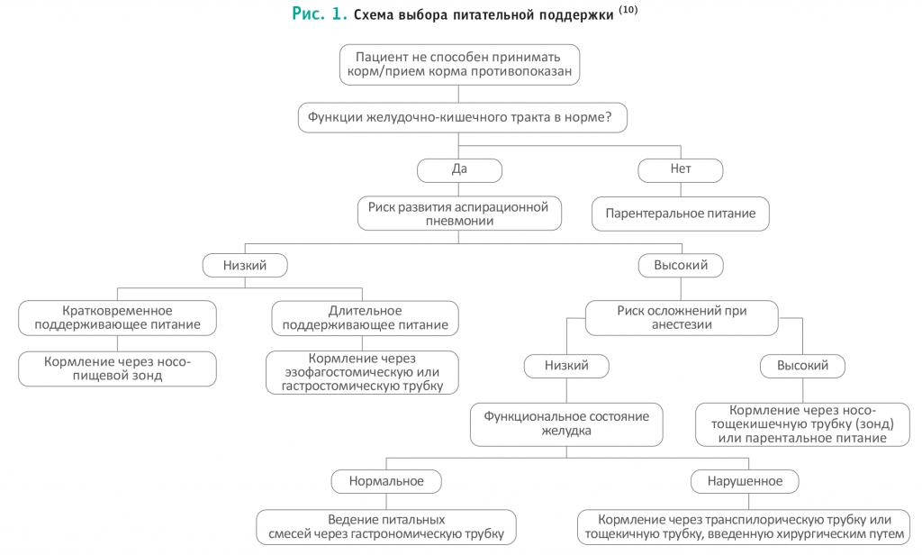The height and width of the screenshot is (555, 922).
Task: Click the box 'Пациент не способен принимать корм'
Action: pyautogui.click(x=459, y=65)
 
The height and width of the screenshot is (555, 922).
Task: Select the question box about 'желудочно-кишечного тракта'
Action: pyautogui.click(x=462, y=118)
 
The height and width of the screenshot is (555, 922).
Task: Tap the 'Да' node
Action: pyautogui.click(x=459, y=170)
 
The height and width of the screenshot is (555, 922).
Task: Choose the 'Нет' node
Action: pyautogui.click(x=681, y=170)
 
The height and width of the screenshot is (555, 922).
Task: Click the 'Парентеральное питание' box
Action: pyautogui.click(x=681, y=214)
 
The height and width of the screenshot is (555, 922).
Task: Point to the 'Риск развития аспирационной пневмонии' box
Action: pyautogui.click(x=459, y=214)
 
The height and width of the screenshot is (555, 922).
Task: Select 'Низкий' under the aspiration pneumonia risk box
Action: pyautogui.click(x=245, y=266)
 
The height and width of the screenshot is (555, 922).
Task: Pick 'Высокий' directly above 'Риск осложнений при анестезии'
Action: pyautogui.click(x=681, y=266)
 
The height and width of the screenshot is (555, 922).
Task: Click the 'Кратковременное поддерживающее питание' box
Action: pyautogui.click(x=117, y=318)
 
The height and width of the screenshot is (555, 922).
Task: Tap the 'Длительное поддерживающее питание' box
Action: pyautogui.click(x=365, y=318)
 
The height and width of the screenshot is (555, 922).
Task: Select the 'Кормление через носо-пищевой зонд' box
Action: pyautogui.click(x=117, y=369)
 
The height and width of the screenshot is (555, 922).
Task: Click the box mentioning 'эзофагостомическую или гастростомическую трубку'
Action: pyautogui.click(x=362, y=372)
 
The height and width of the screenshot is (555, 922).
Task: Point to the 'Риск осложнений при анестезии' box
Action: pyautogui.click(x=682, y=318)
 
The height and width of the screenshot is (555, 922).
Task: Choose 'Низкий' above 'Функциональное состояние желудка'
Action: pyautogui.click(x=566, y=366)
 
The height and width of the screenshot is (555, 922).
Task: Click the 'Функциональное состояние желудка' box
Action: pyautogui.click(x=566, y=424)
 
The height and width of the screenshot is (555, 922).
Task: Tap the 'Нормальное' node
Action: pyautogui.click(x=386, y=481)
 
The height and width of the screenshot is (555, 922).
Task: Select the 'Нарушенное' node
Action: pyautogui.click(x=745, y=481)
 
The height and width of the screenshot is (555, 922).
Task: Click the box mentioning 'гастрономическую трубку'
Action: pyautogui.click(x=386, y=527)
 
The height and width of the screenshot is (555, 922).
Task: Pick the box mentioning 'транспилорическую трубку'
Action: pyautogui.click(x=744, y=527)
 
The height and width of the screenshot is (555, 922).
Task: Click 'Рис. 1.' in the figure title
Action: pyautogui.click(x=320, y=14)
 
